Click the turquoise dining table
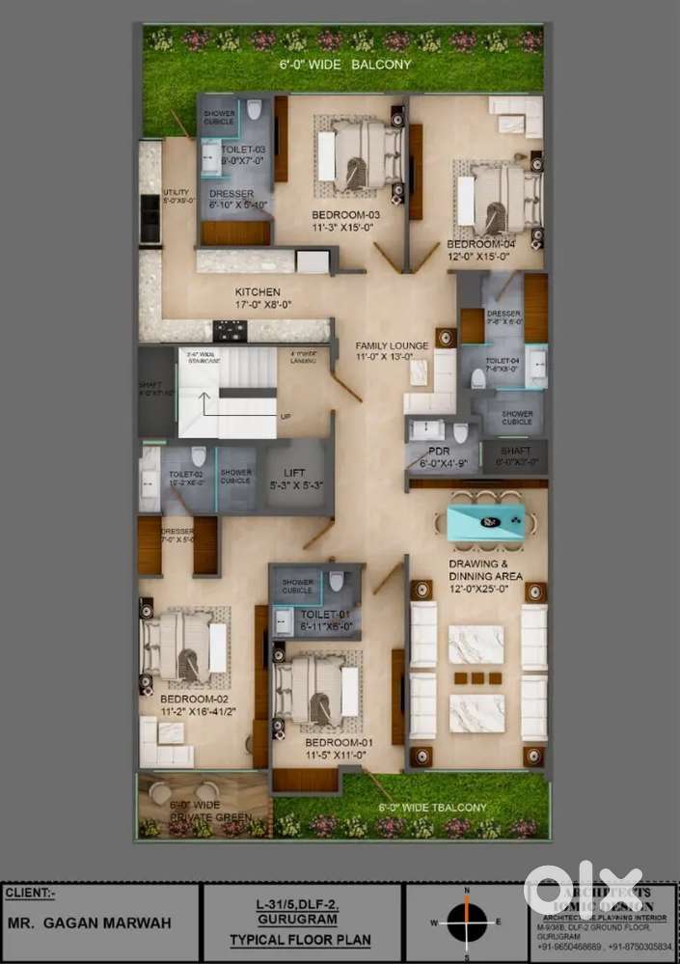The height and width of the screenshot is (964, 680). [486, 521]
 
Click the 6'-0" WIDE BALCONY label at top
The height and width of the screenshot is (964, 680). [344, 66]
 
